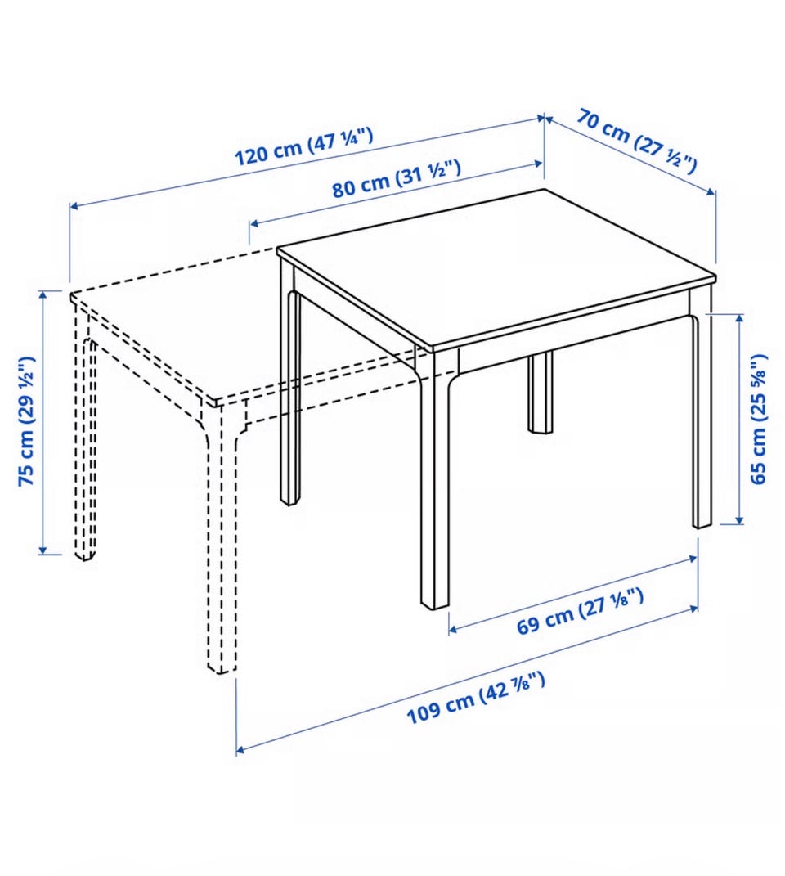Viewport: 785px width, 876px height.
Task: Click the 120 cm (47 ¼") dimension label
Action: pos(303,146)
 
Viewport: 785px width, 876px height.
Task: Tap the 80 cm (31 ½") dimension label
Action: pos(397,179)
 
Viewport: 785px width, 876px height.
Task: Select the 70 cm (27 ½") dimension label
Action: pos(638,141)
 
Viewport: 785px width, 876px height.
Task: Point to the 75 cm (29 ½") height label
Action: pos(27,421)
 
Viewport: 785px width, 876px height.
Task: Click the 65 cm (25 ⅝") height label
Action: pos(758,419)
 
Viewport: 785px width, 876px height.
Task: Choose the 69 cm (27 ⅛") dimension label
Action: pos(580,612)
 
